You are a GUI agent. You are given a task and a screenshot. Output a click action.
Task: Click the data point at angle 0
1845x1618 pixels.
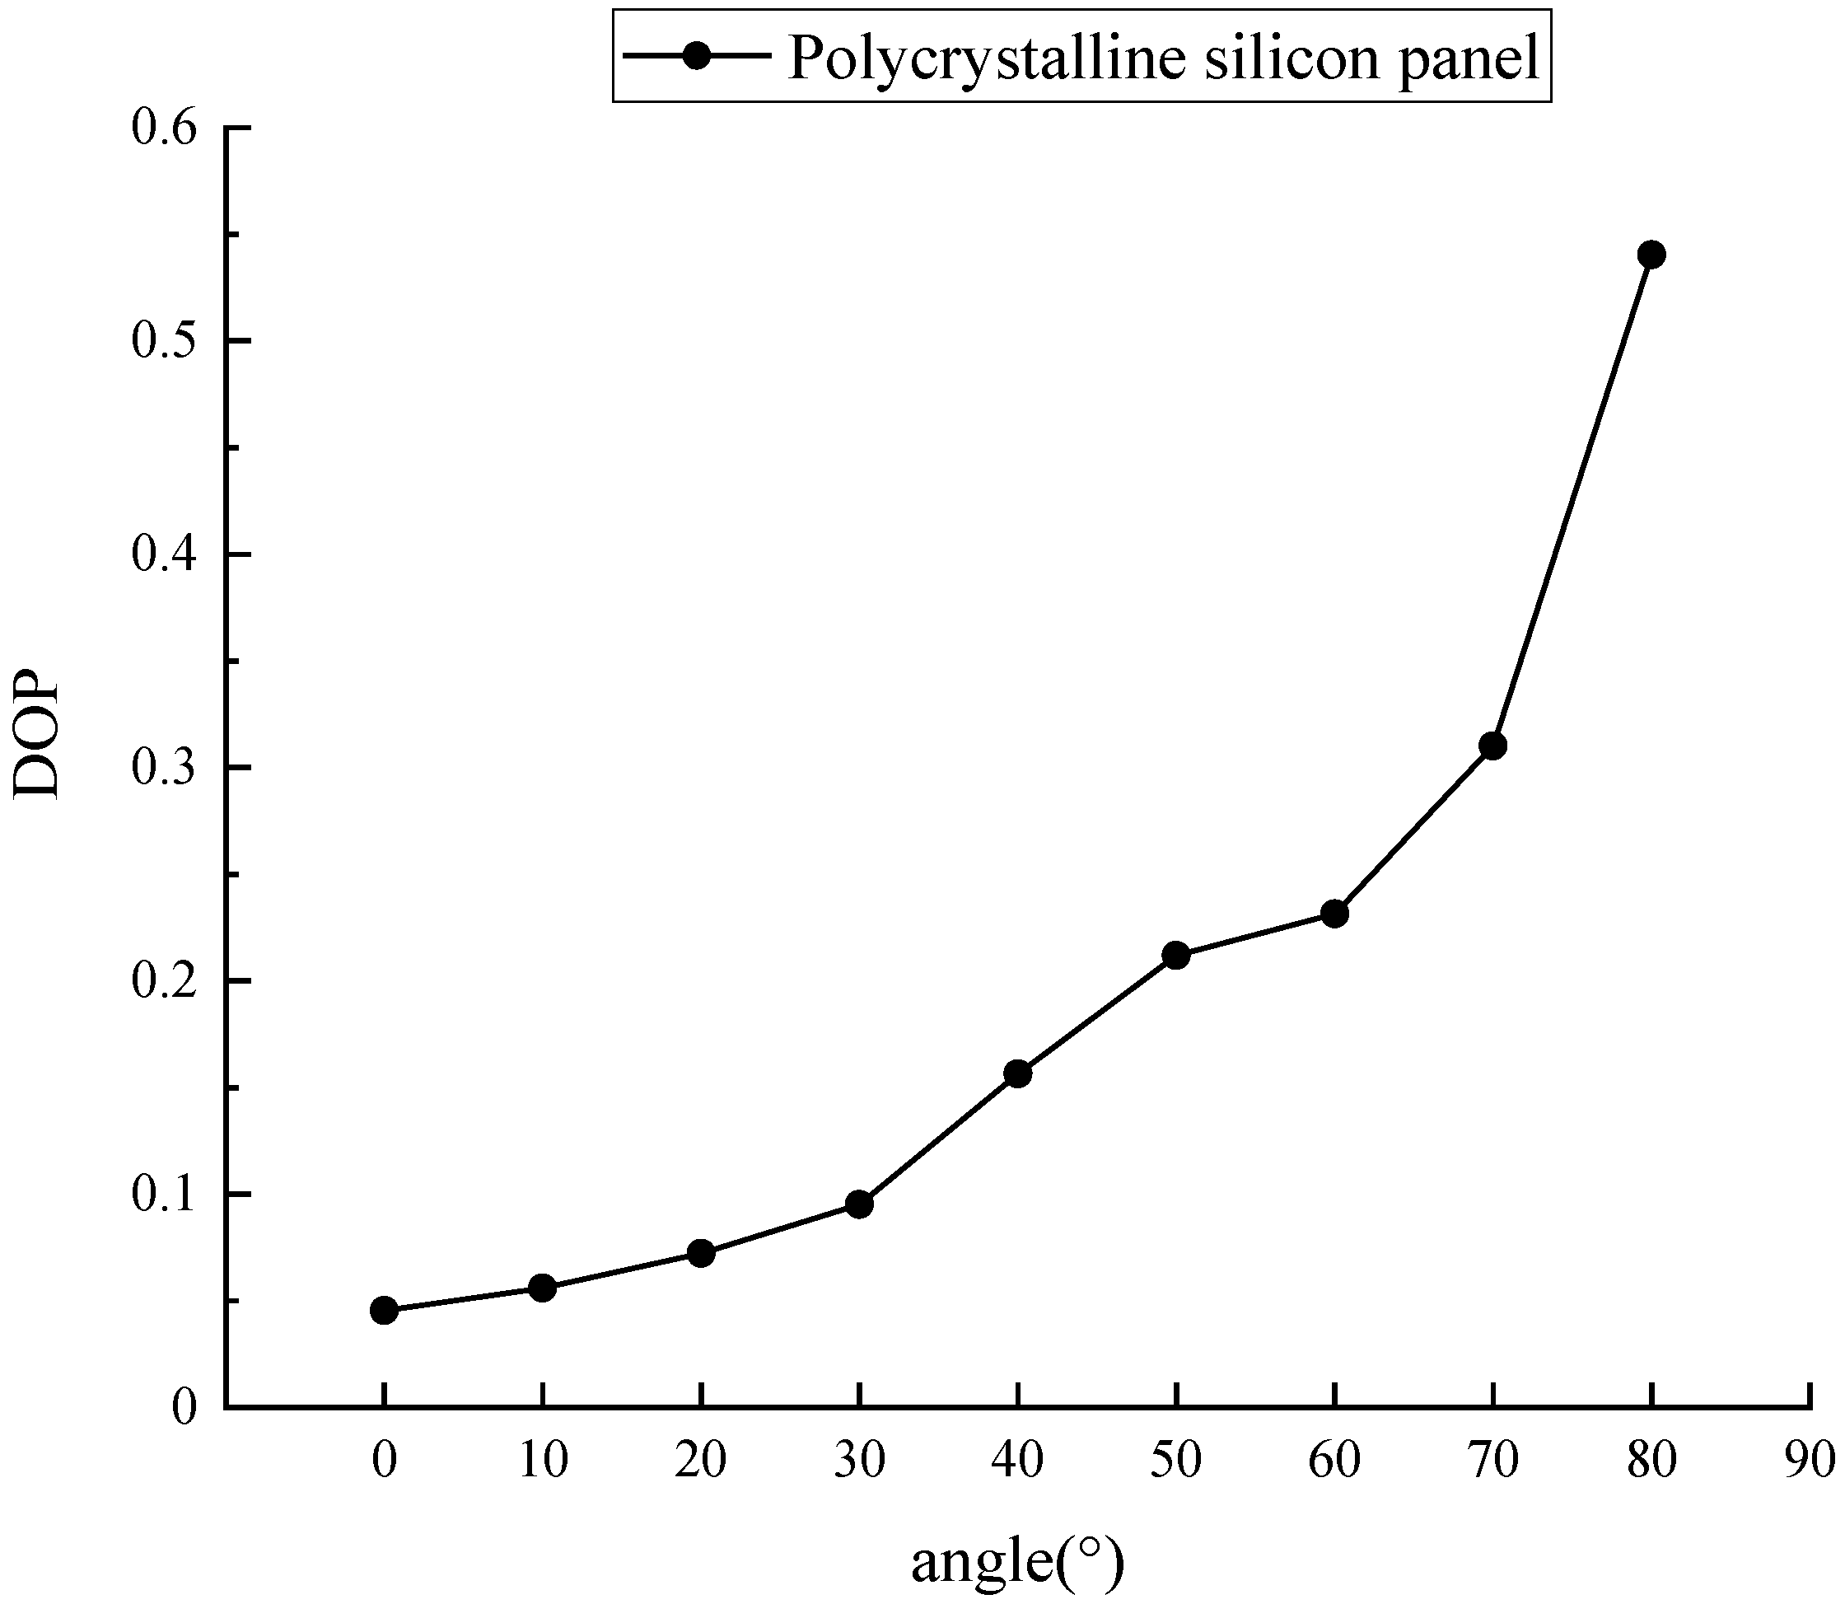[x=384, y=1310]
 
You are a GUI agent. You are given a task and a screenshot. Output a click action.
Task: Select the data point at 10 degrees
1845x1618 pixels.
[x=542, y=1288]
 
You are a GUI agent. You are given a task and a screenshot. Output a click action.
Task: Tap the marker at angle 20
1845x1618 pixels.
[x=702, y=1253]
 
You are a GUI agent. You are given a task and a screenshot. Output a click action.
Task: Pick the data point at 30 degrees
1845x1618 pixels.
[x=859, y=1204]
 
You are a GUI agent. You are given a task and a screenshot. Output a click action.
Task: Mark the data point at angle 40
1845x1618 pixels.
[x=1017, y=1074]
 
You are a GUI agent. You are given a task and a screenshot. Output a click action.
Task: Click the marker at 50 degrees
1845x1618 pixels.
[x=1176, y=956]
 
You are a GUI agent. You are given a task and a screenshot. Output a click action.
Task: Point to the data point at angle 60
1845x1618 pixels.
[x=1335, y=914]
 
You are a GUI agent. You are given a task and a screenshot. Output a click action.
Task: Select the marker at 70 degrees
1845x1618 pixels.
[x=1493, y=746]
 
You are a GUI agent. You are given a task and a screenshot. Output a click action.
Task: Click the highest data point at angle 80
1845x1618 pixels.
[x=1651, y=255]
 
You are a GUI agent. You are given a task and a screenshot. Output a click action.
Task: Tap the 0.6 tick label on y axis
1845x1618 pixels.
[x=163, y=129]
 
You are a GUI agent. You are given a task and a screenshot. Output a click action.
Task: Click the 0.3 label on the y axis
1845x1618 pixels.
[x=163, y=768]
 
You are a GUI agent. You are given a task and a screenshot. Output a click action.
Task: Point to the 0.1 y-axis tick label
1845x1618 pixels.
[x=163, y=1195]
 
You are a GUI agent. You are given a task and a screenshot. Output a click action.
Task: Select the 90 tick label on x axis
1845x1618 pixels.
[x=1810, y=1460]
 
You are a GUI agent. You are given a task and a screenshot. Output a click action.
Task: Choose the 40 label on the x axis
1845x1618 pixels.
[x=1017, y=1460]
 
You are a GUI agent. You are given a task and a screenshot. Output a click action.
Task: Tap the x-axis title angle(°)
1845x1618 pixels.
[x=1017, y=1562]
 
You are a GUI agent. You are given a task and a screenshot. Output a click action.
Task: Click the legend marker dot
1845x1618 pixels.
[x=697, y=56]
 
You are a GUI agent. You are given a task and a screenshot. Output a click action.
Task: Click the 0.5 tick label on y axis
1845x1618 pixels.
[x=163, y=341]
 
